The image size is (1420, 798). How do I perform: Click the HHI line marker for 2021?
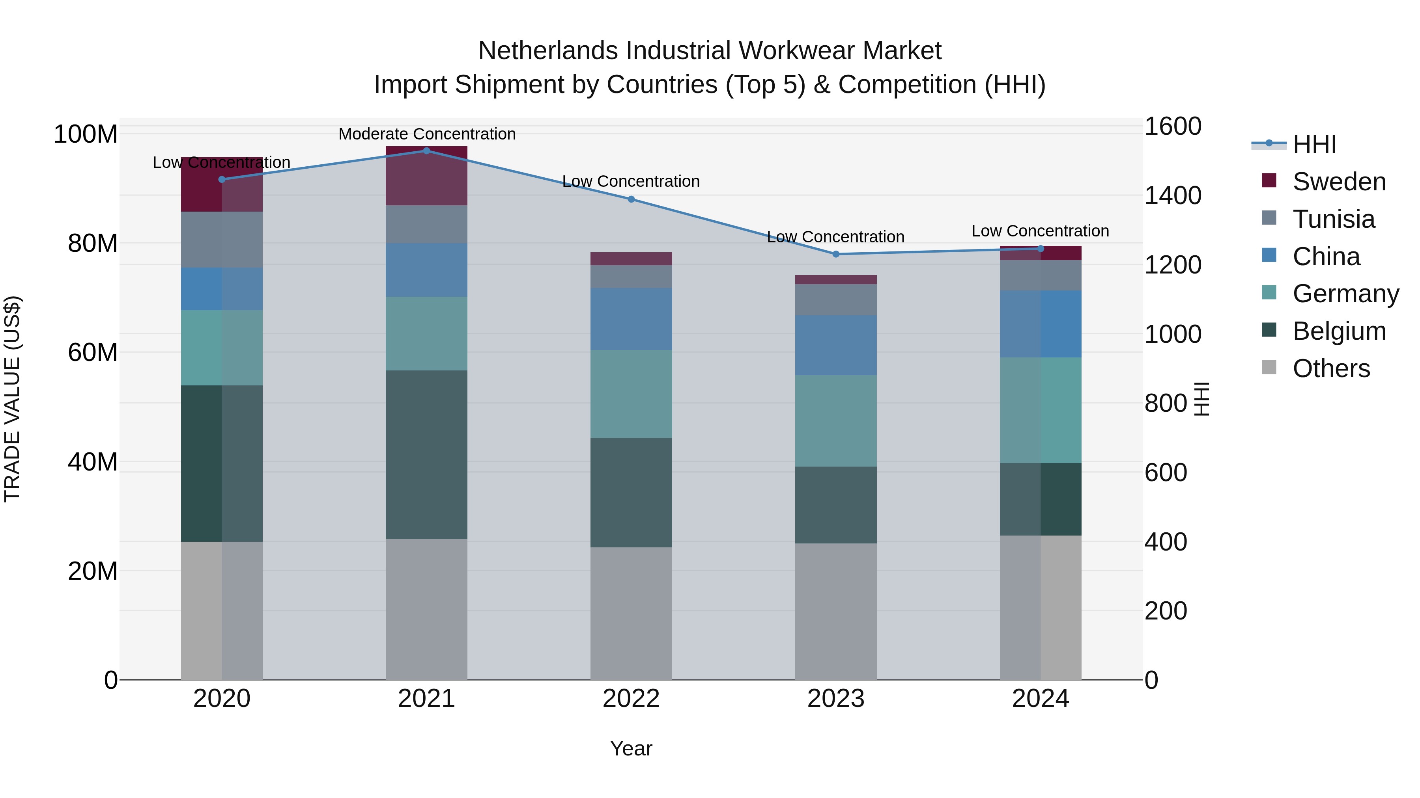(426, 151)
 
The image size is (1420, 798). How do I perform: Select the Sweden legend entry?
(1338, 182)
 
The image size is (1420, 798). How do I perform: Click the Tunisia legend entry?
(1333, 219)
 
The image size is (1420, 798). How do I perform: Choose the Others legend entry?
(1331, 368)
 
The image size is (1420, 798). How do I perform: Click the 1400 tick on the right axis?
(1173, 195)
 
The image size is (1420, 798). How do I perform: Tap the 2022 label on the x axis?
(631, 699)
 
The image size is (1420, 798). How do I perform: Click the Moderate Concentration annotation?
(427, 134)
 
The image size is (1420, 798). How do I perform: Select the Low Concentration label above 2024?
(1040, 231)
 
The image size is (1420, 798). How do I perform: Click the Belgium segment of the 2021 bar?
(426, 454)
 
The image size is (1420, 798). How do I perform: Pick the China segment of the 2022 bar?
(631, 319)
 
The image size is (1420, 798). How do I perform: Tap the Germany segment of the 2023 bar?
(836, 421)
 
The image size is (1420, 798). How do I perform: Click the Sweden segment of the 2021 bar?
(426, 176)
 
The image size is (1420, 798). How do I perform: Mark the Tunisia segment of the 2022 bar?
(631, 277)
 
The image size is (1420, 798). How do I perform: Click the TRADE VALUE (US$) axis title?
(12, 399)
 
